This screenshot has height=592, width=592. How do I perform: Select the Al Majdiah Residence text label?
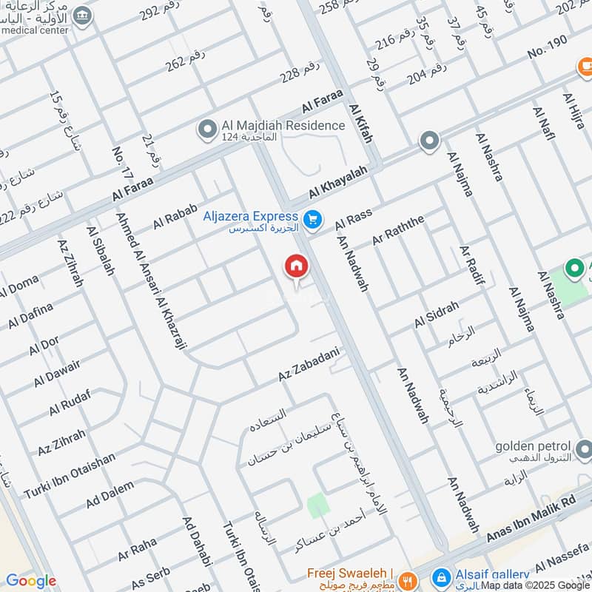pos(283,126)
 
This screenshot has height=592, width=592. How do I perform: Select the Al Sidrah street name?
pos(437,315)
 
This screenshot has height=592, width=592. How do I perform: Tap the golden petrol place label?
pos(534,447)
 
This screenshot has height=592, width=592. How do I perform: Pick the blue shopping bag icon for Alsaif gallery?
pos(440,576)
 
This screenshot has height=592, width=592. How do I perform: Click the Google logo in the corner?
pos(30,581)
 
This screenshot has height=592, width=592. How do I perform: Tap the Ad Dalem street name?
pos(110,494)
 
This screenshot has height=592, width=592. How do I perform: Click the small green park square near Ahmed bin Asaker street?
pos(318,505)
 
